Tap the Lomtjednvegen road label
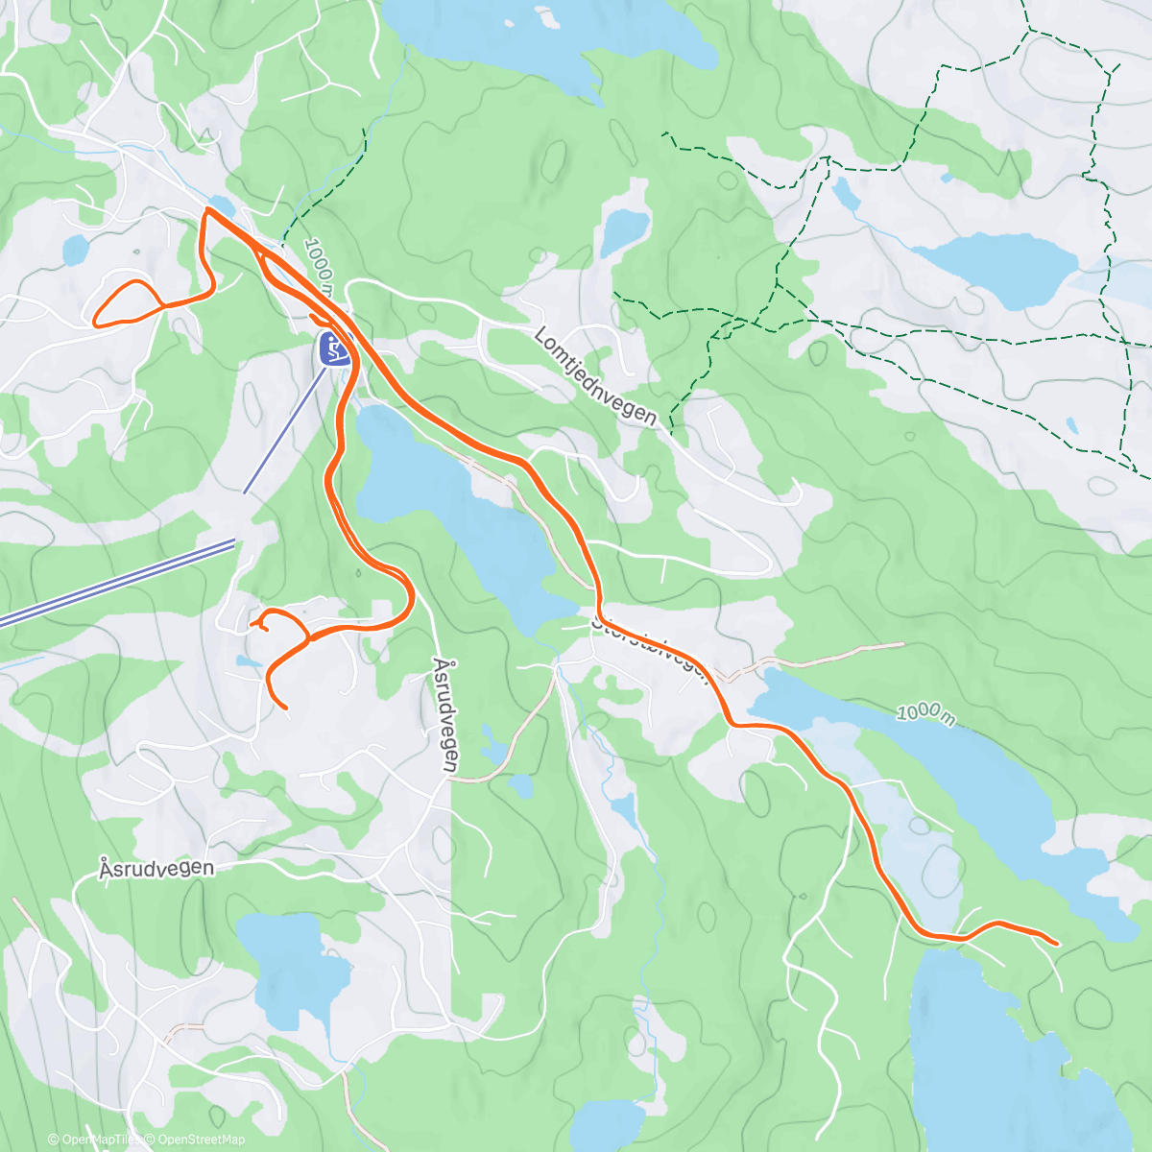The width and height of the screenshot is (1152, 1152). point(595,376)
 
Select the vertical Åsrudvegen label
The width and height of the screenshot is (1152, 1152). point(444,715)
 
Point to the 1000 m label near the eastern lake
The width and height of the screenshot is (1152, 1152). point(926,713)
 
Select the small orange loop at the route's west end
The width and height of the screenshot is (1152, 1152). point(125,303)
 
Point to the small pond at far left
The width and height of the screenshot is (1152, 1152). point(74,251)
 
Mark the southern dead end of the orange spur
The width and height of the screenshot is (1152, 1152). point(286,708)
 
